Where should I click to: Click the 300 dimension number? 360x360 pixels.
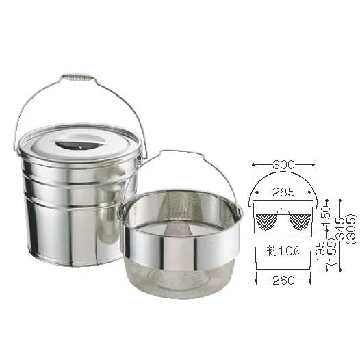283,164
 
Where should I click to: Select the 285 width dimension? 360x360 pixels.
283,192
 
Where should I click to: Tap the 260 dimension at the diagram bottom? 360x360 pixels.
283,281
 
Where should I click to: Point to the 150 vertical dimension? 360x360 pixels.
326,212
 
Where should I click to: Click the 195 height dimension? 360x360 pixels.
320,252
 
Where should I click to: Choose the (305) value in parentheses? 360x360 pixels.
352,229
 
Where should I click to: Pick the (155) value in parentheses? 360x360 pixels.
331,252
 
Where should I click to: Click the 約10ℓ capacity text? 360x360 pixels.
283,252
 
